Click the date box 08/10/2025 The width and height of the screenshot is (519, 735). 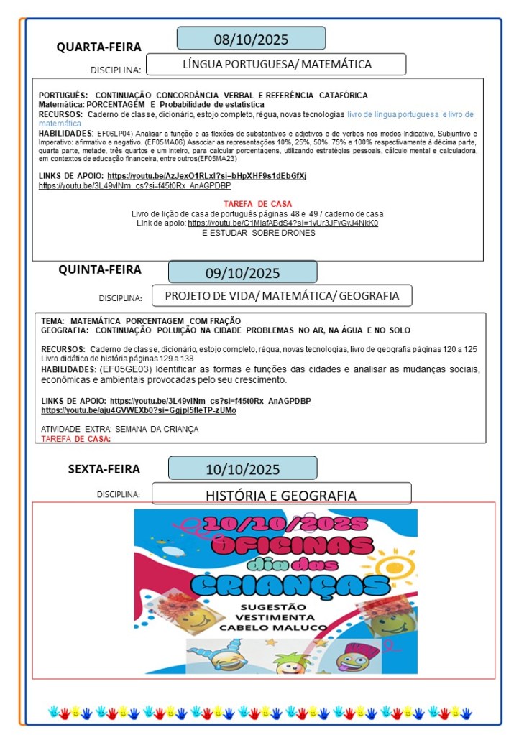[251, 39]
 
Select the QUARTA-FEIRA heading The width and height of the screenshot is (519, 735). [99, 47]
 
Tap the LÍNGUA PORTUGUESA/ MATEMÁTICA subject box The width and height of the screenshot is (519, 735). [277, 65]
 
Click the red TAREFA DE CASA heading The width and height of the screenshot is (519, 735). [257, 204]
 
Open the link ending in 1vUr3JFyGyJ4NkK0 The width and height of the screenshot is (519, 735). [283, 223]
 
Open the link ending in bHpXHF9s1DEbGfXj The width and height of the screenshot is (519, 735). [207, 176]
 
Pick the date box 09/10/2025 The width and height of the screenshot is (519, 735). [242, 272]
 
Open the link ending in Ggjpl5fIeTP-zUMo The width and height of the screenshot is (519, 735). [139, 410]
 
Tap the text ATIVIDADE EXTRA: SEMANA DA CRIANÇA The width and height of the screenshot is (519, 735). [119, 429]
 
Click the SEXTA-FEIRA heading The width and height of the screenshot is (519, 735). [104, 470]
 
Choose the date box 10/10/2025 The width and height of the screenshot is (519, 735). [242, 470]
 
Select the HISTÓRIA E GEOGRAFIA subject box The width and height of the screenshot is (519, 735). [281, 495]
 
